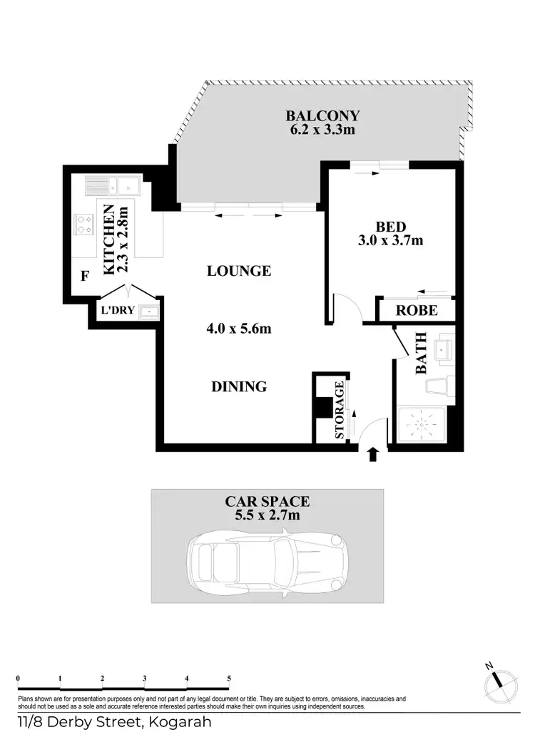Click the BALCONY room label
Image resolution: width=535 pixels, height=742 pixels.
coord(322,115)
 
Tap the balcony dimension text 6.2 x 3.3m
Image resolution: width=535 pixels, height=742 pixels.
coord(322,130)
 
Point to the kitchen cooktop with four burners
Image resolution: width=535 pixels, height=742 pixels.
coord(83,225)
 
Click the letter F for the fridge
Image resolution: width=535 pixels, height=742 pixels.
coord(84,276)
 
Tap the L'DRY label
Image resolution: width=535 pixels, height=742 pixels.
coord(117,310)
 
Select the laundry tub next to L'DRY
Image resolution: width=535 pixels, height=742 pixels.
coord(149,311)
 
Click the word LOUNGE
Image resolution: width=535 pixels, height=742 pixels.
coord(239,271)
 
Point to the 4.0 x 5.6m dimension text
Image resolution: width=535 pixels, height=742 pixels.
coord(239,329)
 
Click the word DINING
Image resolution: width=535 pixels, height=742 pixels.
coord(239,387)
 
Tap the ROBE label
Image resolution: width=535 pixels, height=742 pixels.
coord(416,311)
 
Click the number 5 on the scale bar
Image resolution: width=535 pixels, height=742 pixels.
coord(228,678)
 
